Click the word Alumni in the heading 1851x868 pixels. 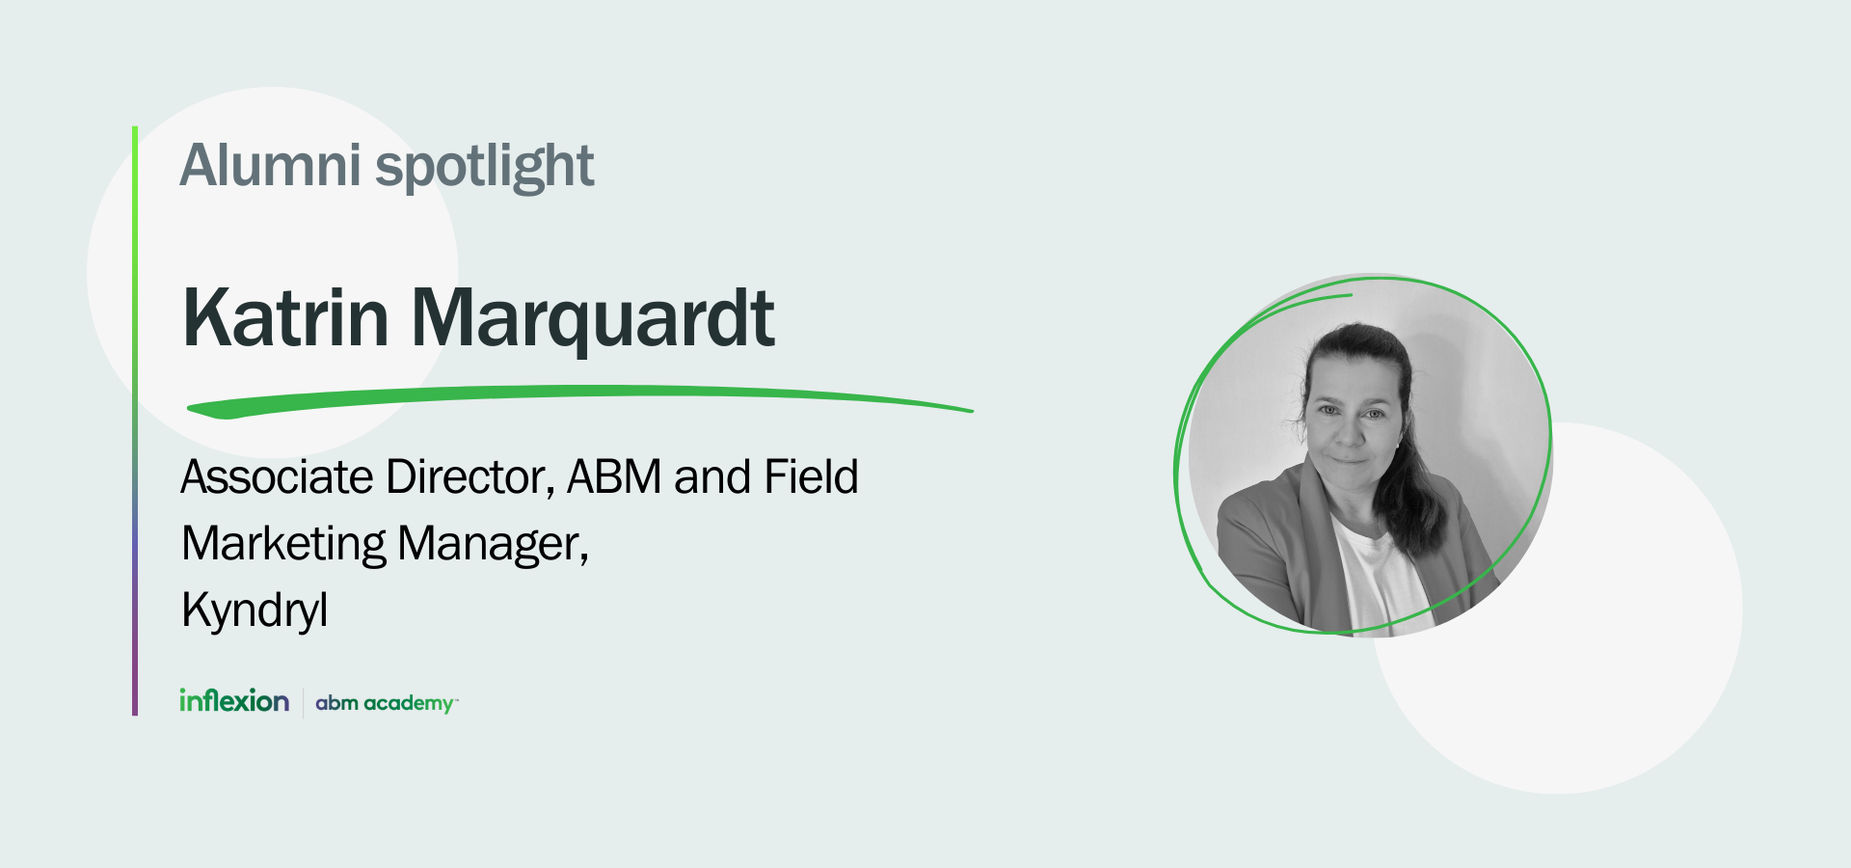point(270,166)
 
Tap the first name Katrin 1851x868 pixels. point(285,318)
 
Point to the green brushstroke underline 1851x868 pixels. point(578,396)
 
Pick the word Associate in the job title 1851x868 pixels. point(277,477)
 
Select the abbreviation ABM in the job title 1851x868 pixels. point(614,477)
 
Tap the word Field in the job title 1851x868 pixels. point(811,477)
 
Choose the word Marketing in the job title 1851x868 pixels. point(283,544)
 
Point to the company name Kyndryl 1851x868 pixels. point(255,610)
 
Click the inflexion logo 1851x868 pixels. point(234,701)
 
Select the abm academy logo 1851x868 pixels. point(386,703)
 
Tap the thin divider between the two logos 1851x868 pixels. point(304,703)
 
